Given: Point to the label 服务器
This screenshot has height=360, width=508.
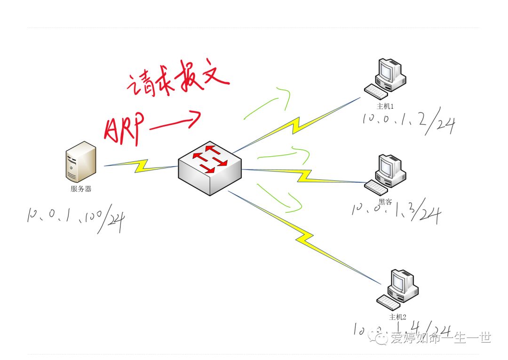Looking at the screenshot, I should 81,189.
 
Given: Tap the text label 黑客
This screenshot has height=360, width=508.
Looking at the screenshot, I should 385,202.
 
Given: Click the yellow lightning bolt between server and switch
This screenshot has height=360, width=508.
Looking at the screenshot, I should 141,165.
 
